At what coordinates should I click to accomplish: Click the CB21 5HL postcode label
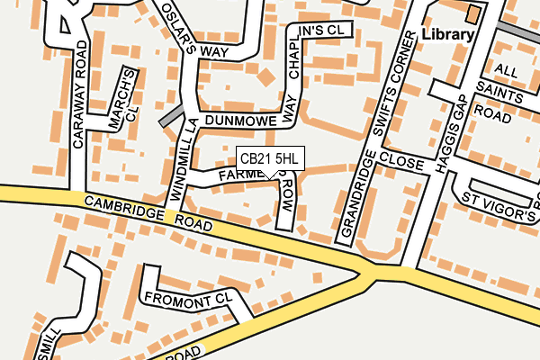[270, 158]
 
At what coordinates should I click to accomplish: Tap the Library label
[447, 35]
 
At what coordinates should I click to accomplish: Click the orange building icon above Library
[473, 13]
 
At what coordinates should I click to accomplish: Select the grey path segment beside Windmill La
[171, 116]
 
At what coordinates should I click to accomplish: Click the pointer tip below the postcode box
[270, 177]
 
